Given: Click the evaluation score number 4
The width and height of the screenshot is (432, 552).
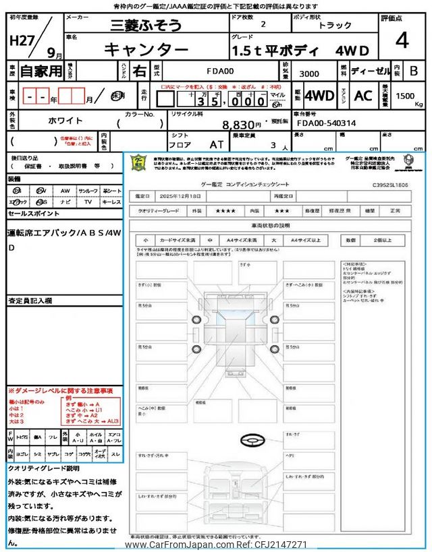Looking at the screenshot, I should (403, 41).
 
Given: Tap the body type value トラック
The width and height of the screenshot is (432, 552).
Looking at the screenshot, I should (335, 26).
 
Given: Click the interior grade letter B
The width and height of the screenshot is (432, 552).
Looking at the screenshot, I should (414, 70).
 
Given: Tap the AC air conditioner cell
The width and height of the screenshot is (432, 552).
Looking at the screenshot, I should (363, 96).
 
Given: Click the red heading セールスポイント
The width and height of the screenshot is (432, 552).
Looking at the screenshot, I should (33, 212).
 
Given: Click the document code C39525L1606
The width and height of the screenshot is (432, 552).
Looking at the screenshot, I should (395, 183).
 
